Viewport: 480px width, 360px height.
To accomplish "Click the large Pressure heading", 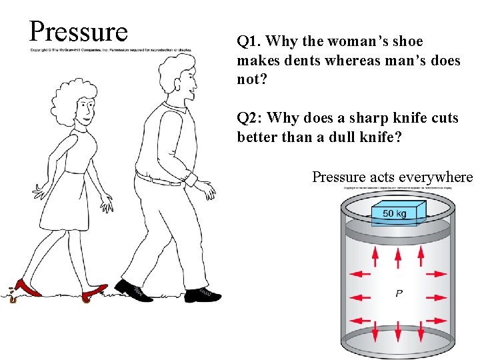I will [x=78, y=31].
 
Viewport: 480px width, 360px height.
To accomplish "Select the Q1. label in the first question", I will [x=249, y=41].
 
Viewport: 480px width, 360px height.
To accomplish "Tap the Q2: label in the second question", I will [x=251, y=118].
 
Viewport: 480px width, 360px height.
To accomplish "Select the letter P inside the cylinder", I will [x=399, y=293].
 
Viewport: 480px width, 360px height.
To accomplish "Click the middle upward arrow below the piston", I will [x=399, y=255].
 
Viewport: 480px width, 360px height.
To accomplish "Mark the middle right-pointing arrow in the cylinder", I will [x=437, y=296].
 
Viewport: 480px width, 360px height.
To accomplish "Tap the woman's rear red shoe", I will [x=27, y=288].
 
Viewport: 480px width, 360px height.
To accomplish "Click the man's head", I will [x=177, y=75].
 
